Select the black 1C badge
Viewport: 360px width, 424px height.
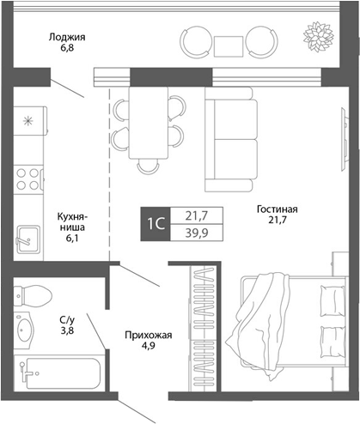point(156,224)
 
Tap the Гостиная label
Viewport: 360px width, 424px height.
point(276,209)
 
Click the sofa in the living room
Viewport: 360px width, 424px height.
point(229,142)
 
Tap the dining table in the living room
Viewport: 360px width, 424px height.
point(148,124)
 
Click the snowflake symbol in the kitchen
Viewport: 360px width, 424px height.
point(29,120)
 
